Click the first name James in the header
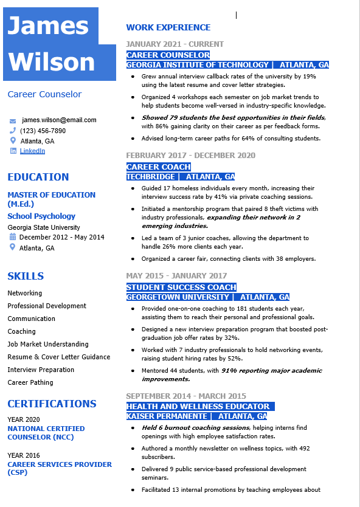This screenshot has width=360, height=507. pos(48,26)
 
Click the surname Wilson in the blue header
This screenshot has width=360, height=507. pos(52,62)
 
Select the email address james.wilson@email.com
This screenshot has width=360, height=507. pos(59,120)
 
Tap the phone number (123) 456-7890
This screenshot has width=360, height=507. pos(43,131)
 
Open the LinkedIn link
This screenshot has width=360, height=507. pos(32,151)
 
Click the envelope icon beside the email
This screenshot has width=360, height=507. pos(13,120)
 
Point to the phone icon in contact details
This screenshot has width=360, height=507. pos(13,131)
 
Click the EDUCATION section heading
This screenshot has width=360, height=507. pos(38,177)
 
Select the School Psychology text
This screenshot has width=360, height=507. pos(41,216)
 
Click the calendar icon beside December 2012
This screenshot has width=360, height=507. pos(13,237)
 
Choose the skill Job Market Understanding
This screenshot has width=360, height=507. pos(47,344)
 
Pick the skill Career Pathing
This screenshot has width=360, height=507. pos(30,382)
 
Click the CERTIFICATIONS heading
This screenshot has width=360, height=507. pos(52,404)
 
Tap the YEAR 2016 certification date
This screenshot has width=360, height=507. pos(24,455)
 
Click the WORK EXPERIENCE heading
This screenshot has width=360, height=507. pos(168,27)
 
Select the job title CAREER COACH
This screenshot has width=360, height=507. pos(159,167)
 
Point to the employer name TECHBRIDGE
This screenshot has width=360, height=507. pos(150,177)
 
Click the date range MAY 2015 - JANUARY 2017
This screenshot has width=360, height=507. pos(176,276)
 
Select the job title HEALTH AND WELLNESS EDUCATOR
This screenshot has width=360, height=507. pos(198,406)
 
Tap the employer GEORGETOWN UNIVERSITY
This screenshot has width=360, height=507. pos(178,297)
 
